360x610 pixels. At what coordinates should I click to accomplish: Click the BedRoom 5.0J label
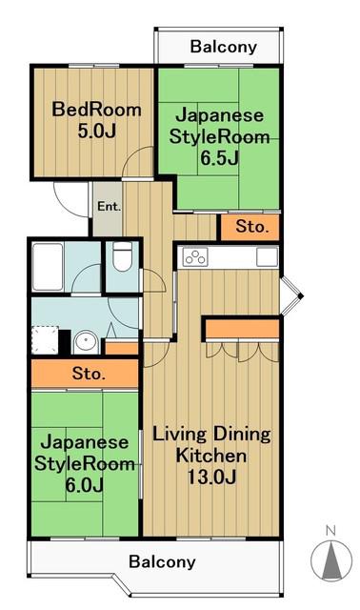[x=96, y=120]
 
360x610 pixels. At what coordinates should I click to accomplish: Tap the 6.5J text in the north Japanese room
[x=219, y=157]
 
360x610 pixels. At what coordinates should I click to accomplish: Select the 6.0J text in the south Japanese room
[x=84, y=485]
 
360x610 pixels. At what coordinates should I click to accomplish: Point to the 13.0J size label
[x=211, y=477]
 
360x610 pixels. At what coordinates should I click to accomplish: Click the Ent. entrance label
[x=109, y=206]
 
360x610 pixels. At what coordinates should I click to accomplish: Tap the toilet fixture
[x=122, y=256]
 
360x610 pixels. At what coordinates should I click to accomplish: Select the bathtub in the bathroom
[x=48, y=267]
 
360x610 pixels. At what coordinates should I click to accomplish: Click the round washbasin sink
[x=86, y=342]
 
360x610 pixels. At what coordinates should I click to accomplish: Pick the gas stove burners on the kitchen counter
[x=195, y=257]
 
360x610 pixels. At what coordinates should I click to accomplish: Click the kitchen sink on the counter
[x=267, y=256]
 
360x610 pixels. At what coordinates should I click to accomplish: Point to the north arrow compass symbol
[x=331, y=560]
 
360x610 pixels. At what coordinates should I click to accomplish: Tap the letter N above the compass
[x=330, y=531]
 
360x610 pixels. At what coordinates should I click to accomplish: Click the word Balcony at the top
[x=224, y=48]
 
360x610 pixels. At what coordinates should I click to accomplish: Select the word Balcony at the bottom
[x=162, y=562]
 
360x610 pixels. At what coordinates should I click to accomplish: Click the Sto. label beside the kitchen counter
[x=252, y=226]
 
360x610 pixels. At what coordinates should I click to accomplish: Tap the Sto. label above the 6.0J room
[x=89, y=374]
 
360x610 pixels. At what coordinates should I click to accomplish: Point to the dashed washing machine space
[x=45, y=340]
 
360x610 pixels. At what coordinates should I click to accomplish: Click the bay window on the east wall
[x=290, y=296]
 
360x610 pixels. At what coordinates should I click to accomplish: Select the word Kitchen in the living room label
[x=211, y=456]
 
